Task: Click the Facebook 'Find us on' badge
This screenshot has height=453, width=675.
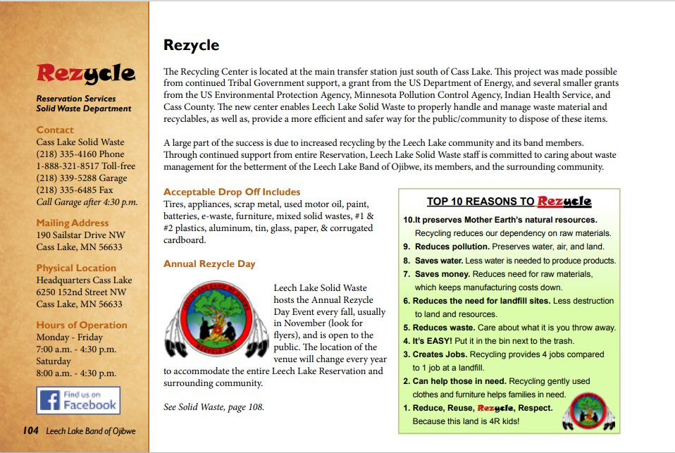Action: tap(78, 401)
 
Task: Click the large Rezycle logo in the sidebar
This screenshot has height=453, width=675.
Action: tap(85, 73)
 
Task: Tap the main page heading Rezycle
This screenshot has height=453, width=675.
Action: tap(191, 46)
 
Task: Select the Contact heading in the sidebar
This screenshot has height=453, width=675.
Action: tap(55, 130)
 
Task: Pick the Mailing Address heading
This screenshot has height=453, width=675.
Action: tap(73, 223)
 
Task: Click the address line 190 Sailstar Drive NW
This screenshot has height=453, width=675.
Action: tap(81, 235)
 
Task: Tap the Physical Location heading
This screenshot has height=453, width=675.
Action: tap(76, 268)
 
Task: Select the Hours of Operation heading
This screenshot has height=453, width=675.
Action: tap(82, 325)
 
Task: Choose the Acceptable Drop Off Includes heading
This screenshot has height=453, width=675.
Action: tap(232, 192)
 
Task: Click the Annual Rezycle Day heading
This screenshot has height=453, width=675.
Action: tap(209, 263)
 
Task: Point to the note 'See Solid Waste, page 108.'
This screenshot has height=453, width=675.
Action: tap(213, 407)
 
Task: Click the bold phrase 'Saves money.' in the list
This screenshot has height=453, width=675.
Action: tap(442, 273)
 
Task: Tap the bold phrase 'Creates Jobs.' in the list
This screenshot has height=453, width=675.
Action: tap(440, 354)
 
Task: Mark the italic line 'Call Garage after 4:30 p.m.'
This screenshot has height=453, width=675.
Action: tap(87, 202)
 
